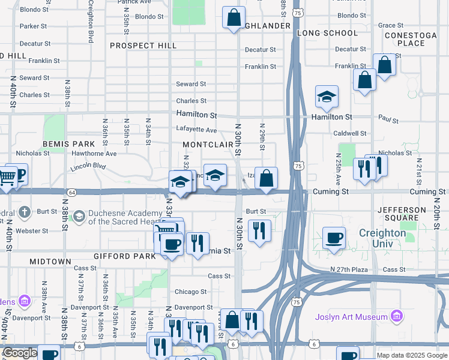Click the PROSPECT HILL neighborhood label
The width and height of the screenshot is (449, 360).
143,46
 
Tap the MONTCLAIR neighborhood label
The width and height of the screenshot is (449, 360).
208,145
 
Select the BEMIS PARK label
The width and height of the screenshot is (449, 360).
69,145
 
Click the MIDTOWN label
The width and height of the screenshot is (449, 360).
50,262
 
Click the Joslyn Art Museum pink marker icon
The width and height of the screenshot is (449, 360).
396,316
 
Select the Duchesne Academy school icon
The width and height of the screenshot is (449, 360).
79,215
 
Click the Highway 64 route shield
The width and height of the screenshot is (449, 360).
72,192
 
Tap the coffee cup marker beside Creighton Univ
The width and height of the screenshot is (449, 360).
334,237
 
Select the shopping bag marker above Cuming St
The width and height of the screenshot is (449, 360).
267,178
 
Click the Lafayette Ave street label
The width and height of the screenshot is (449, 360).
196,130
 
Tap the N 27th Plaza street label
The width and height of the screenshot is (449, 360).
349,270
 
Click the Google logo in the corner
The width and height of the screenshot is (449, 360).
20,353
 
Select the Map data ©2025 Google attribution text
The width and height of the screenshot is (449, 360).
412,355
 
